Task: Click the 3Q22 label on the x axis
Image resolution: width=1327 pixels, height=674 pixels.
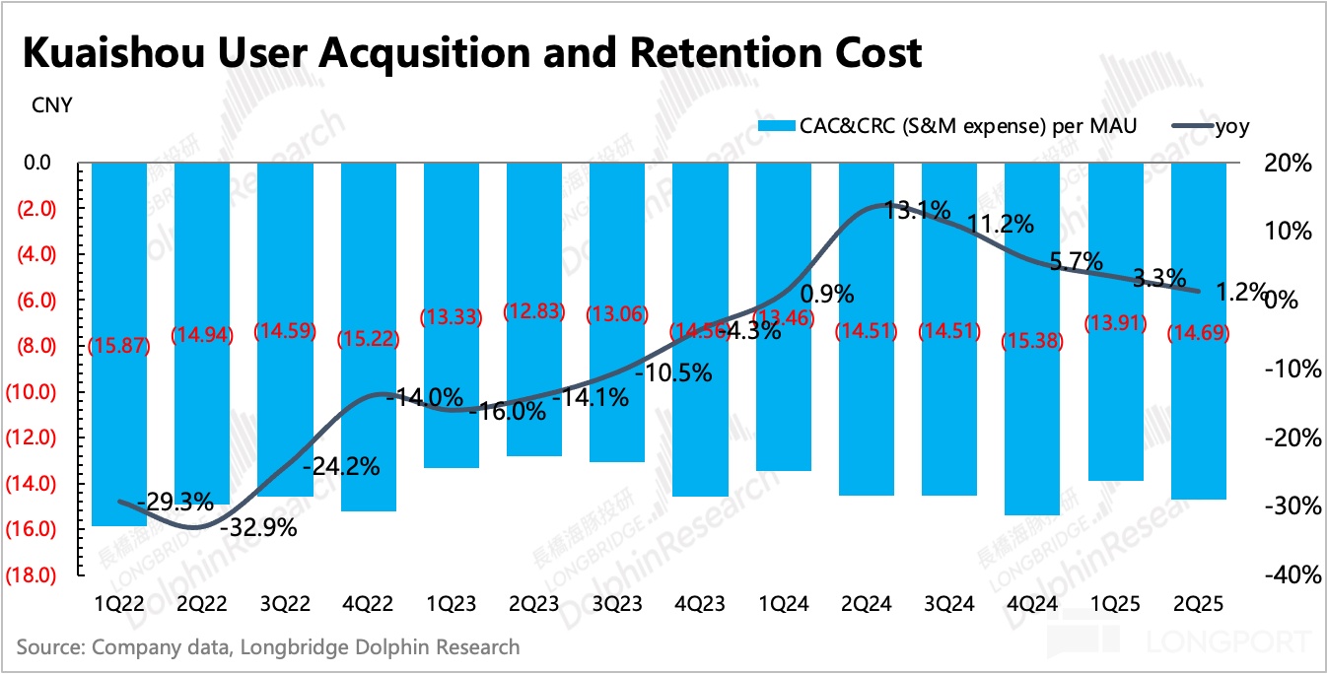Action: pos(286,603)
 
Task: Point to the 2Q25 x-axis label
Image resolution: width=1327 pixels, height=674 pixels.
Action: pos(1198,603)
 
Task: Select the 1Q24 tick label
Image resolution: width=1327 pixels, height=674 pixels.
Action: pos(783,603)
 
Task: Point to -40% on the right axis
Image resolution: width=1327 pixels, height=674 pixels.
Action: pos(1287,574)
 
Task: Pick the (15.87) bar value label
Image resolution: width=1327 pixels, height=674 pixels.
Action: pos(119,347)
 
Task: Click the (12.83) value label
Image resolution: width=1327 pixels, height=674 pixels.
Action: pos(534,310)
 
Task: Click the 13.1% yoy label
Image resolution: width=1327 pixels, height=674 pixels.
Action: pos(917,210)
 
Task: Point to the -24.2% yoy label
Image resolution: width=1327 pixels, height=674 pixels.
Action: pos(341,467)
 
